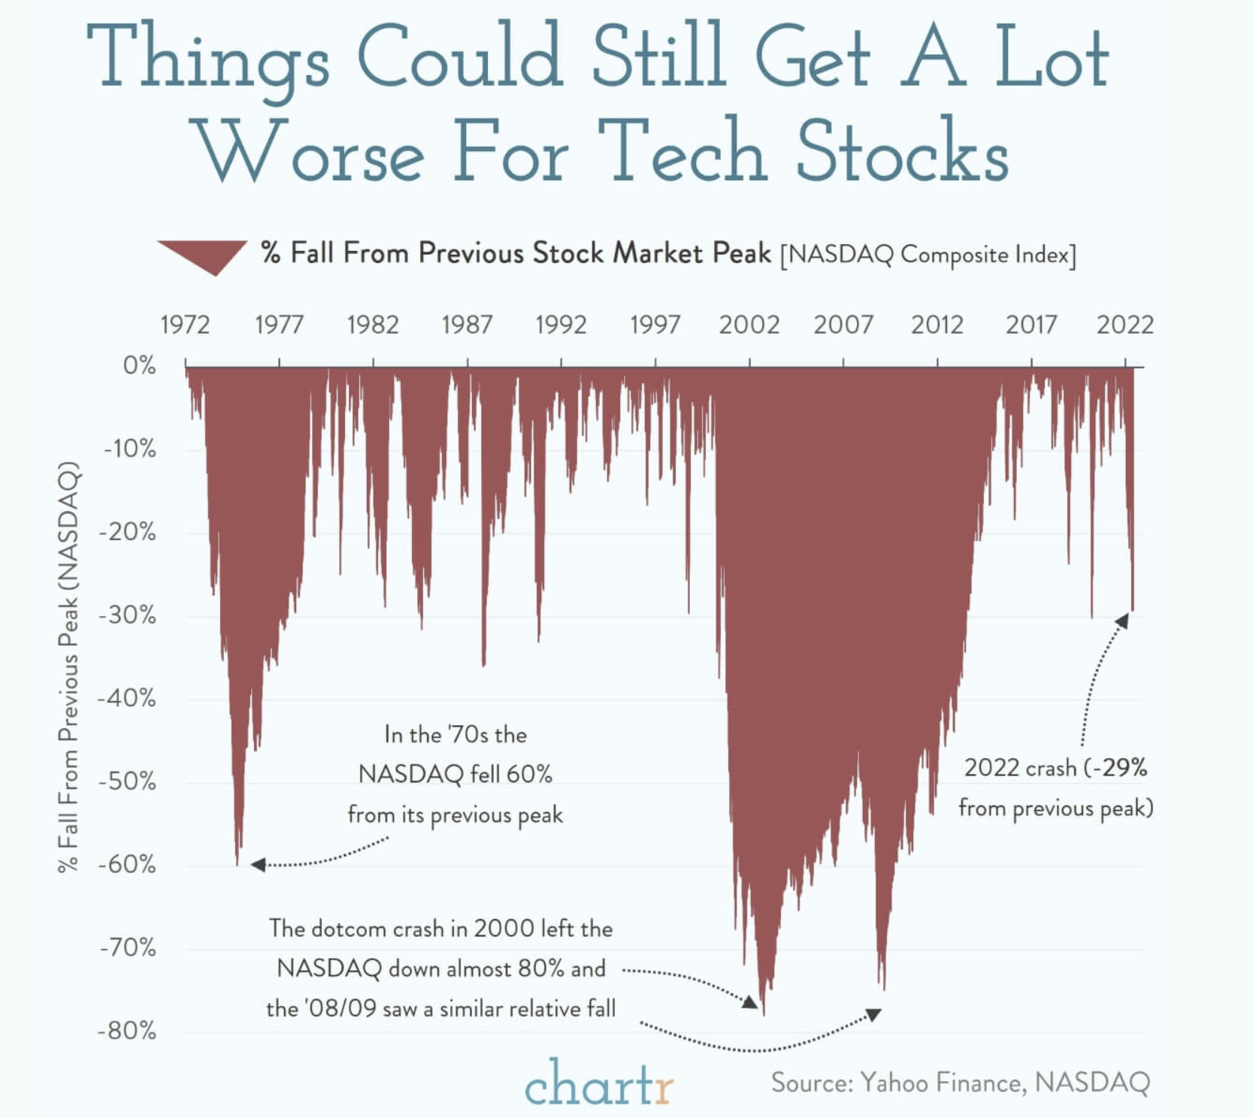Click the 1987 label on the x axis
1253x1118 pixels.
(467, 325)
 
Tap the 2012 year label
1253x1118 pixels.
(937, 325)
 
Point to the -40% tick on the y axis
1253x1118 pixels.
(127, 698)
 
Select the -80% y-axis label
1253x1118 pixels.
(127, 1030)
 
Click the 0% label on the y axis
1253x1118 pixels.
(139, 366)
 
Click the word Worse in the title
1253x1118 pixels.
(309, 153)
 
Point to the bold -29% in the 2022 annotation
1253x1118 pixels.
(1120, 767)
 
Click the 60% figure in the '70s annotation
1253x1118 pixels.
(529, 774)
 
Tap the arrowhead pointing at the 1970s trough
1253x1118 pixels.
(258, 865)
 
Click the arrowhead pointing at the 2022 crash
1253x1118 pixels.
(1121, 620)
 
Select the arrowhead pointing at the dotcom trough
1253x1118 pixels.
(749, 1002)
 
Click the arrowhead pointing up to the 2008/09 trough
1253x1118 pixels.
(873, 1015)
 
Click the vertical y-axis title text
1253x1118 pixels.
(68, 666)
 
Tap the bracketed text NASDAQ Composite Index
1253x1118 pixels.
(928, 255)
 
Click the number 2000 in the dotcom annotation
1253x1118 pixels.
(503, 929)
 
